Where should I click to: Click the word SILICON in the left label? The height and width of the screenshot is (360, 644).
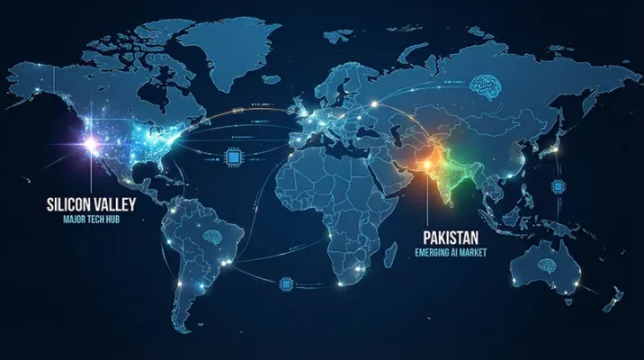[x=67, y=204]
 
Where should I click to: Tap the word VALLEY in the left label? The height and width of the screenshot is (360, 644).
[x=120, y=204]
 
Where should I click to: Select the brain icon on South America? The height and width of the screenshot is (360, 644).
[x=212, y=237]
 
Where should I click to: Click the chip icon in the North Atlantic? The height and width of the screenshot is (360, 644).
[x=235, y=158]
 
